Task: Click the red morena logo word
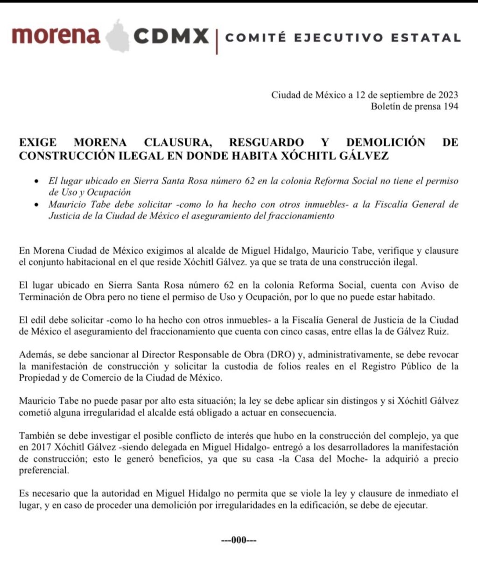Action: coord(56,36)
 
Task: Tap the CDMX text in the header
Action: coord(171,36)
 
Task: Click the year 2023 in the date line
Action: coord(448,95)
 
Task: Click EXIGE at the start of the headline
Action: coord(38,142)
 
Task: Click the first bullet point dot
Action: coord(37,181)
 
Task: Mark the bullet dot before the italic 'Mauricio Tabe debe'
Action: coord(37,204)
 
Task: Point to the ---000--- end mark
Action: coord(239,540)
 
